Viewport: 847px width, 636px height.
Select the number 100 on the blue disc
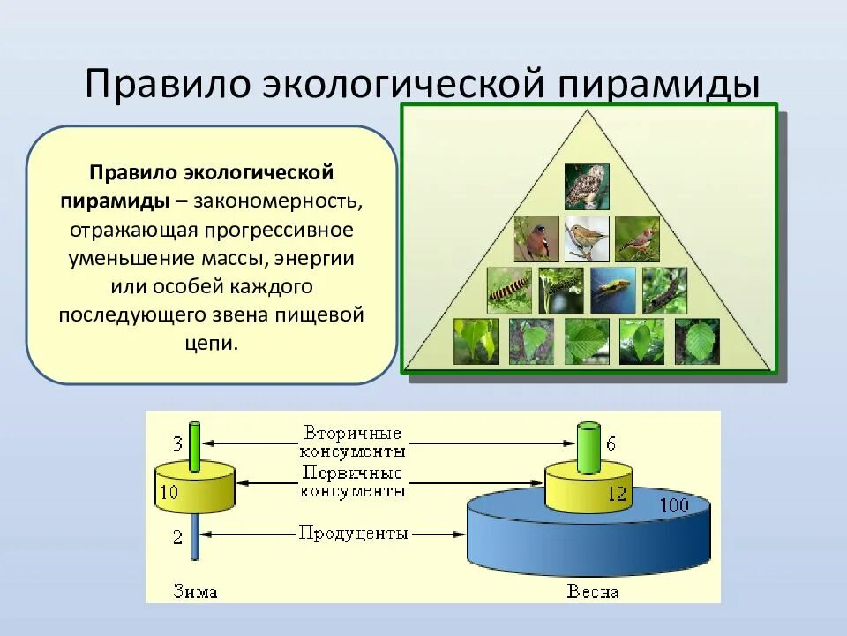675,507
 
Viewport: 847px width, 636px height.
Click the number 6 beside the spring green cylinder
611,443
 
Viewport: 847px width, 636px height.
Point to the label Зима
195,591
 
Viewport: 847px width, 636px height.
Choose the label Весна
592,591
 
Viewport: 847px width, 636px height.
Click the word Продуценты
353,533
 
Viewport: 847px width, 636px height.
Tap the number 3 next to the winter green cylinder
177,443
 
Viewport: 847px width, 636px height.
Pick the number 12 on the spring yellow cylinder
616,494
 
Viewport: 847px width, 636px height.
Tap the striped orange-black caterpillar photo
509,289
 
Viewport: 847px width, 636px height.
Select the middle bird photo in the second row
586,238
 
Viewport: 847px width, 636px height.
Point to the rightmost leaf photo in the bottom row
698,341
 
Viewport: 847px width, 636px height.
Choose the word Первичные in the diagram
352,473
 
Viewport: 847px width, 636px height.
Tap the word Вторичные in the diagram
352,433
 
